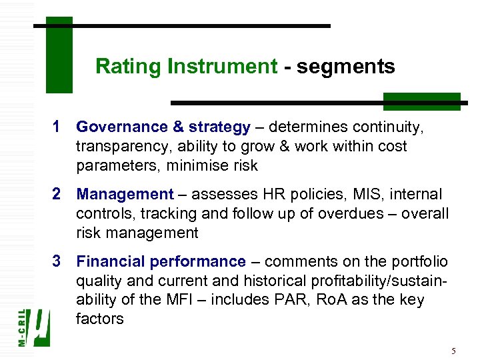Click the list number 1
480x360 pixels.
57,127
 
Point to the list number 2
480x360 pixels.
57,194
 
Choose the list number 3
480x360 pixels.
57,261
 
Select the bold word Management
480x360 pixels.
125,194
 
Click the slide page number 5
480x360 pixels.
453,351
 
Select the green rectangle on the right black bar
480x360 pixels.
421,101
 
